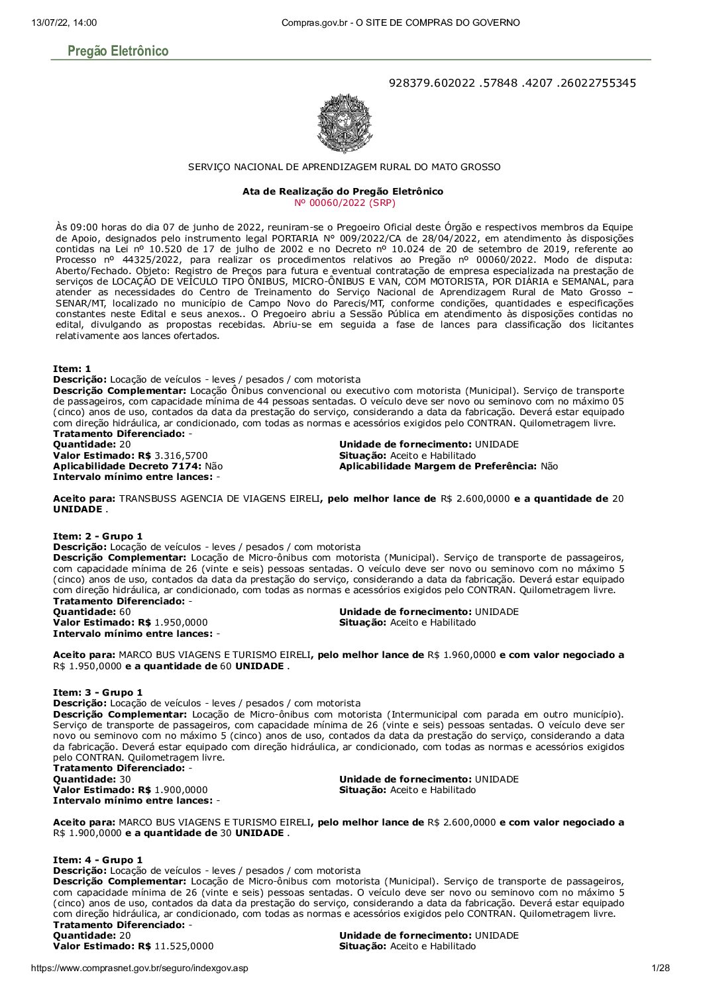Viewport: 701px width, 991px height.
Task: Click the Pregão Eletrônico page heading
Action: [x=118, y=51]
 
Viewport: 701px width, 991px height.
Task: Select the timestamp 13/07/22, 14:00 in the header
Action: [x=64, y=23]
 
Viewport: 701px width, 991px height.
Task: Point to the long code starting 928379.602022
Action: [x=512, y=83]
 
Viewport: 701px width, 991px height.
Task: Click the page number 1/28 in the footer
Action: [x=661, y=968]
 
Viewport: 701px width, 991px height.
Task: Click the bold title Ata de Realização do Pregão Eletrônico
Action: [x=343, y=191]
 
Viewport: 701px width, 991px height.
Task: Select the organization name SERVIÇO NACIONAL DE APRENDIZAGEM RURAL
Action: [x=344, y=167]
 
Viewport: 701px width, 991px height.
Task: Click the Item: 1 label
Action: [x=72, y=369]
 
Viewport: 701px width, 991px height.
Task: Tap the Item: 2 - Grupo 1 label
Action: [x=97, y=536]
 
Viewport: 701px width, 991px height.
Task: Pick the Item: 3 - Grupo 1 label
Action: [x=97, y=692]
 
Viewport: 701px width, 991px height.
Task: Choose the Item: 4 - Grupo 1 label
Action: [x=97, y=860]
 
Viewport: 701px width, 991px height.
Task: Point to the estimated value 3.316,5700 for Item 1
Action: [x=181, y=455]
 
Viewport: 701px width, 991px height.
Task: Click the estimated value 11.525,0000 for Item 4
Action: [x=184, y=947]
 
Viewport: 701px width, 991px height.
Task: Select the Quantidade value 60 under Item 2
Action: [x=125, y=612]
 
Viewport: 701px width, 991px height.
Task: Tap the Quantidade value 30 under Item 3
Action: [x=125, y=779]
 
